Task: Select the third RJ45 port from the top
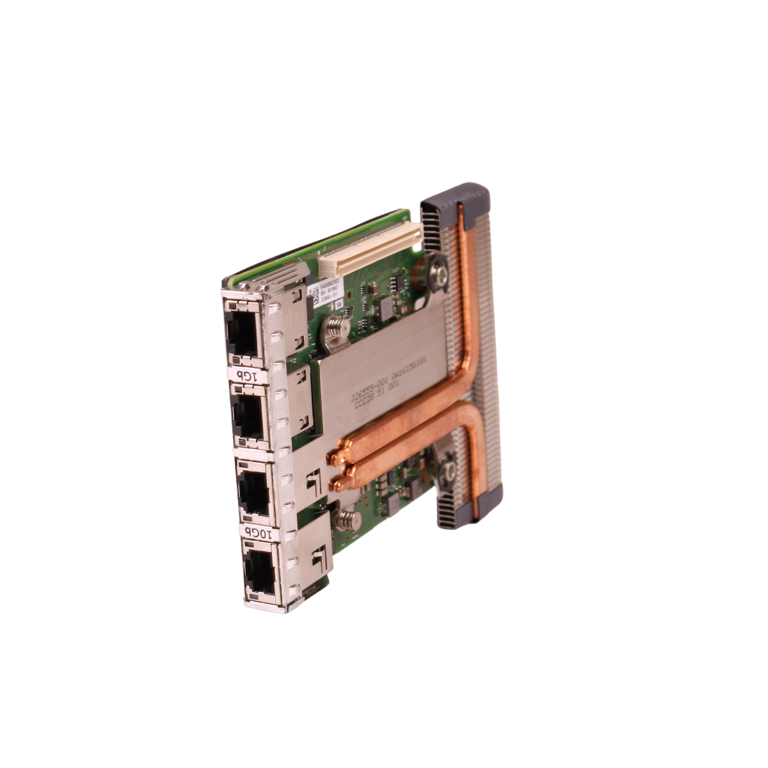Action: tap(254, 493)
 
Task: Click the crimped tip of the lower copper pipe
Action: tap(337, 484)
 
